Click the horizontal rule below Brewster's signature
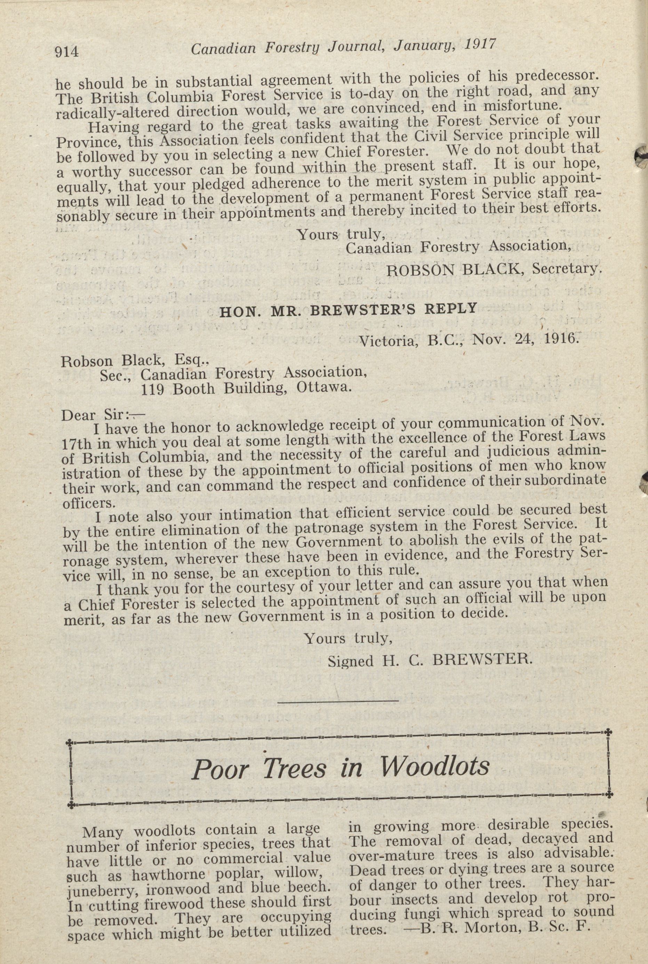click(x=338, y=701)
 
